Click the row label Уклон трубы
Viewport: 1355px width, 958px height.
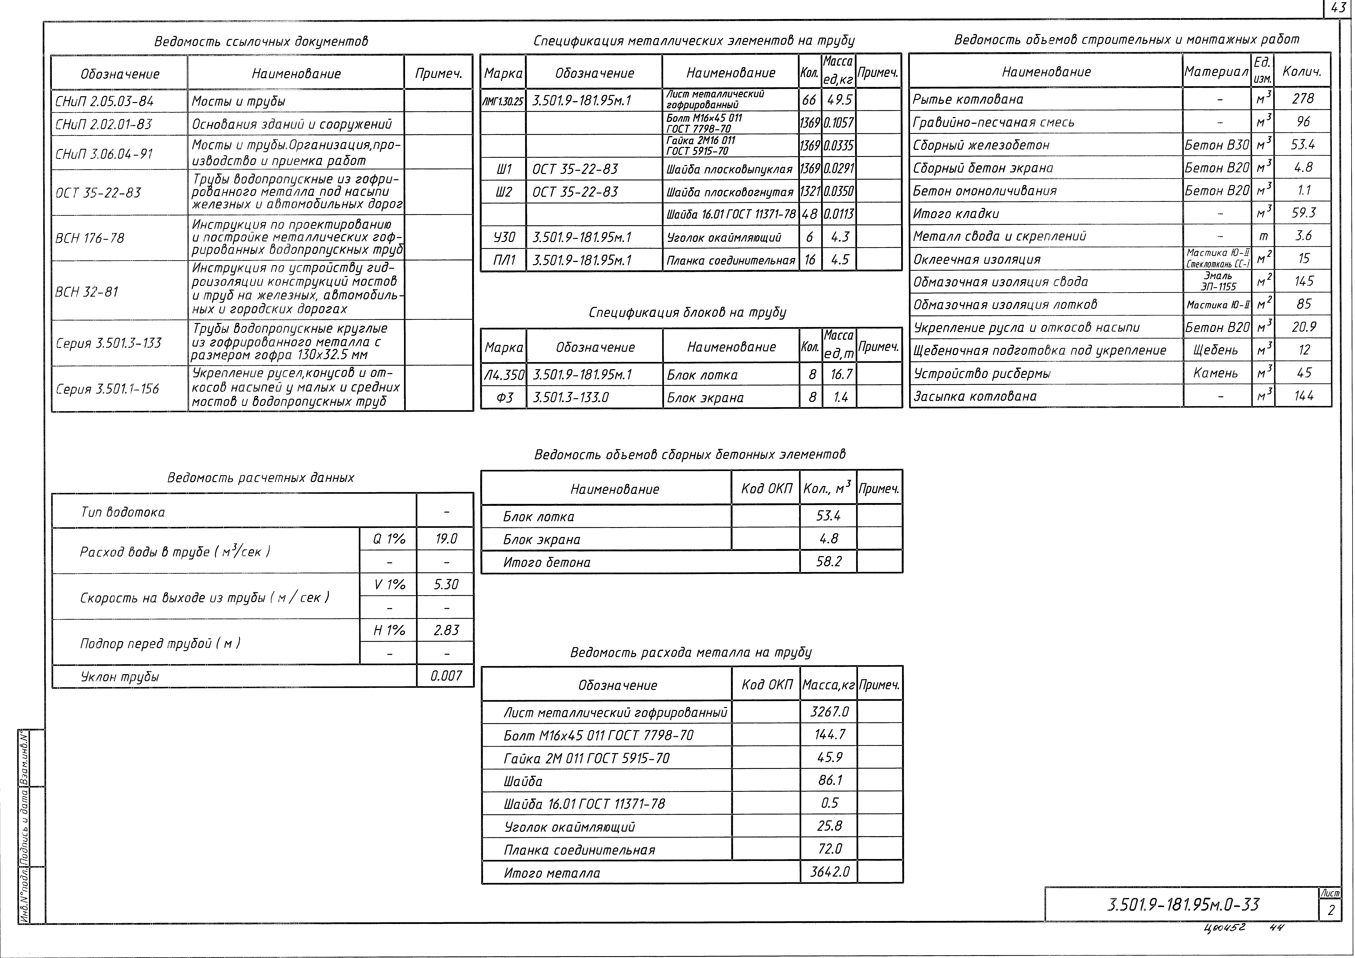click(120, 677)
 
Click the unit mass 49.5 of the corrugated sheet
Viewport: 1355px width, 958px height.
click(839, 100)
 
